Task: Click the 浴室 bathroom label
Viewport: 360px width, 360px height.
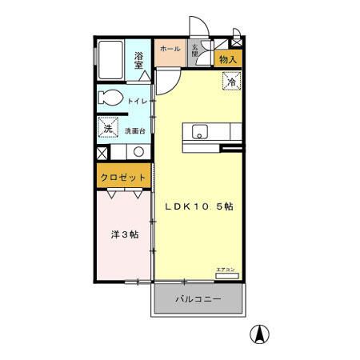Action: pos(139,60)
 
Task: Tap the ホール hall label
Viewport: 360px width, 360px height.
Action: pos(170,49)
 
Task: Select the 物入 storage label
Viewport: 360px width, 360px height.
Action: pos(228,59)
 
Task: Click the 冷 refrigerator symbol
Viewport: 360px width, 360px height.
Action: pos(231,81)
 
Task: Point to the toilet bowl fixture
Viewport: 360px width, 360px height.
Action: pos(110,99)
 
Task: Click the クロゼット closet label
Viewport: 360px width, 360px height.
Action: pos(123,177)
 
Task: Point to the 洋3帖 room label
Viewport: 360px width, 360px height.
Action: pos(124,235)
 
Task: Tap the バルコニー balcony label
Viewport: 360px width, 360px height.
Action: pos(198,301)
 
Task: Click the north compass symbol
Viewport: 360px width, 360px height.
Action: pos(261,334)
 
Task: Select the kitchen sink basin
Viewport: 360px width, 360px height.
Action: pos(200,132)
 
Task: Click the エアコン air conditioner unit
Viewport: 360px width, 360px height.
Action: pos(226,273)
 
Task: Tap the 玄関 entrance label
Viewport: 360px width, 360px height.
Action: pos(194,50)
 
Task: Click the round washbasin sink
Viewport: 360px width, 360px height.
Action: pos(138,152)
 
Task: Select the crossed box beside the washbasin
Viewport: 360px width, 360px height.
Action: pos(102,152)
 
